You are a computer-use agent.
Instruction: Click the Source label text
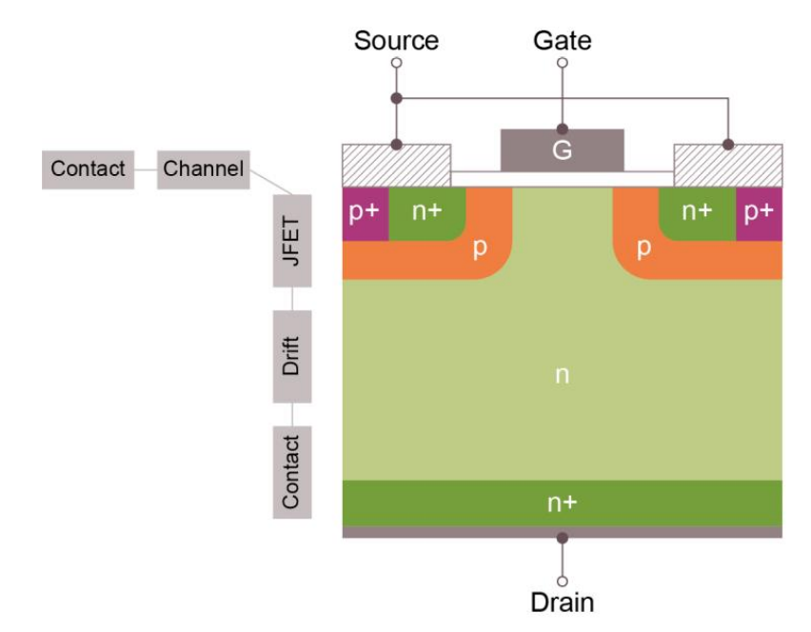[x=396, y=40]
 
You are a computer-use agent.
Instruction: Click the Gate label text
[x=562, y=40]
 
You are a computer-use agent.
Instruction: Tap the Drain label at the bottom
[x=562, y=602]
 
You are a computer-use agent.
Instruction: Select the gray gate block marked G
[x=562, y=150]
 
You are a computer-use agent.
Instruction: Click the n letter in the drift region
[x=562, y=376]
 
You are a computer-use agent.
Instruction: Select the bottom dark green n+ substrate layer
[x=562, y=504]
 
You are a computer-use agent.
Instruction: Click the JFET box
[x=292, y=241]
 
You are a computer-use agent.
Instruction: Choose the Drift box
[x=292, y=356]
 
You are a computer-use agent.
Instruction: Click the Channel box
[x=204, y=169]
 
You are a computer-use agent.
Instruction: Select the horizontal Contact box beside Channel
[x=88, y=169]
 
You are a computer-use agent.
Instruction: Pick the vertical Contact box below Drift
[x=292, y=471]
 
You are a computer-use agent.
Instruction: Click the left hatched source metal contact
[x=396, y=166]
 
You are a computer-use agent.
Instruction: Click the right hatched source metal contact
[x=728, y=166]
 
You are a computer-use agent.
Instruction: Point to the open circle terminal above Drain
[x=562, y=580]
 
